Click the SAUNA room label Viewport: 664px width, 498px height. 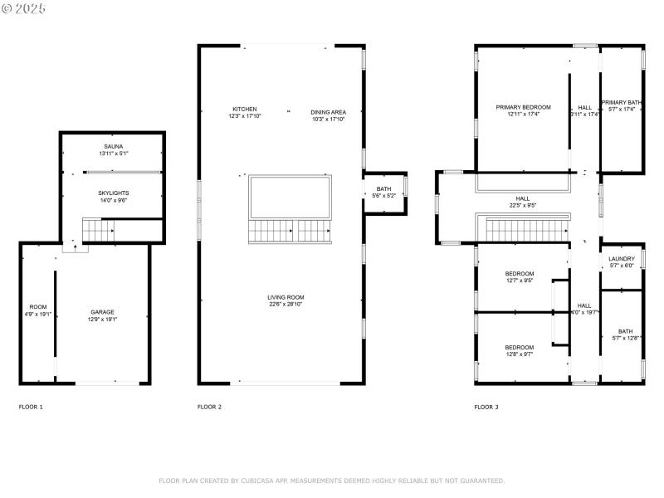114,146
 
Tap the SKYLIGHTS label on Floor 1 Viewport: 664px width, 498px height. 114,193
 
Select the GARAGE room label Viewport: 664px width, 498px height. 103,312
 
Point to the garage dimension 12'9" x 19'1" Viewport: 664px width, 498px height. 103,320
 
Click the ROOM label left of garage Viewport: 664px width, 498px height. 38,307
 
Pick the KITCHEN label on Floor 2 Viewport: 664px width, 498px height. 244,110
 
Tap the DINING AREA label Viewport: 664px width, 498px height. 328,112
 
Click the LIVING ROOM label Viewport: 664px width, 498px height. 286,297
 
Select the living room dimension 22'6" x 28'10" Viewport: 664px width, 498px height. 286,305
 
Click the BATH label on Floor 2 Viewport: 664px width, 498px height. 383,188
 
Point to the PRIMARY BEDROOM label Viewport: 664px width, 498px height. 523,107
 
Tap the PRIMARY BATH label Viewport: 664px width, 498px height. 622,102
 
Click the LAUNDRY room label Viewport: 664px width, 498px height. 622,259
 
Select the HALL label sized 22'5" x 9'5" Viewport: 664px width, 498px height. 522,198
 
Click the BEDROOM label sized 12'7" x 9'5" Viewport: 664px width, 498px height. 519,274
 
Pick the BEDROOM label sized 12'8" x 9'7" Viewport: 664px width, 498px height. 519,347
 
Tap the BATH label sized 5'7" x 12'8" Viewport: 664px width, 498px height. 624,331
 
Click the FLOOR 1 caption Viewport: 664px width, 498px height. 31,408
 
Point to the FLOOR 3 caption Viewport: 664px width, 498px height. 486,408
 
